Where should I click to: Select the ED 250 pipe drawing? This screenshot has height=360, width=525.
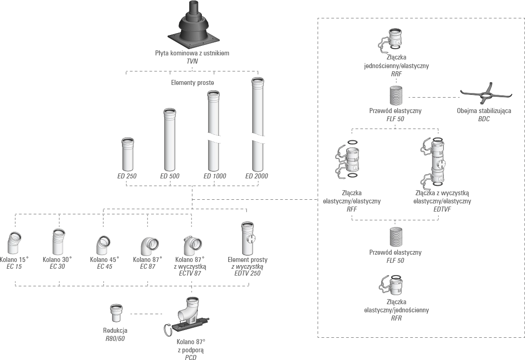[x=127, y=154]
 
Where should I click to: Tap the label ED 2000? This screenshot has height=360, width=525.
[x=257, y=176]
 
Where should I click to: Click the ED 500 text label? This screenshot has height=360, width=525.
[x=170, y=176]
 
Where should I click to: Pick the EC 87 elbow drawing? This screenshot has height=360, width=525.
[x=149, y=247]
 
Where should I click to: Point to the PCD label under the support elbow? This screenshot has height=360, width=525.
[x=191, y=357]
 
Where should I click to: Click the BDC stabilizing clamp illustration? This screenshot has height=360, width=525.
[x=486, y=95]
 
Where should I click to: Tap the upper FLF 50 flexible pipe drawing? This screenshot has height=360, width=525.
[x=396, y=96]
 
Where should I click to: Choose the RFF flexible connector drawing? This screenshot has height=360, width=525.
[x=349, y=159]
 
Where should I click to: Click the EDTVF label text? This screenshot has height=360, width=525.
[x=442, y=209]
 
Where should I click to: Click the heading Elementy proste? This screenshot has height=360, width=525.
[x=192, y=83]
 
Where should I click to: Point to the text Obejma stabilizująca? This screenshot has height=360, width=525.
[x=484, y=111]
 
